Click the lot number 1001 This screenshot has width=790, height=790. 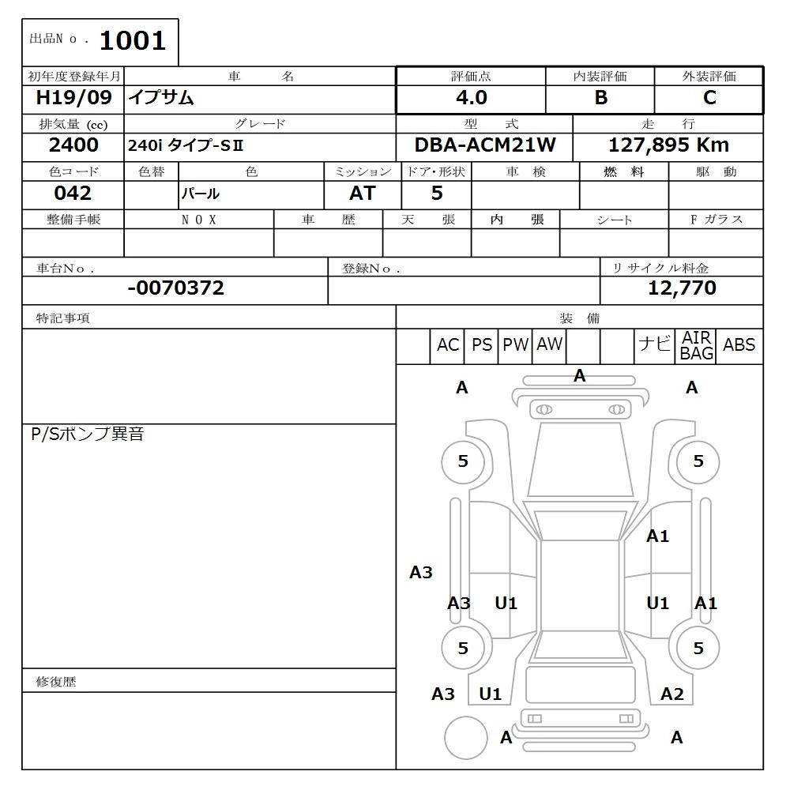(x=132, y=41)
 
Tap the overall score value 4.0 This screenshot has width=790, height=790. (x=471, y=98)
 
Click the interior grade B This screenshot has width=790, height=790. (x=600, y=98)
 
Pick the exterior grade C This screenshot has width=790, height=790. (x=709, y=98)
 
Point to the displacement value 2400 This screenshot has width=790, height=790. (x=73, y=145)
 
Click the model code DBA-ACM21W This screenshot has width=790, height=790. (x=485, y=145)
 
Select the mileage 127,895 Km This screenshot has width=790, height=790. (x=668, y=145)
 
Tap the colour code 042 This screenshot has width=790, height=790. (x=73, y=194)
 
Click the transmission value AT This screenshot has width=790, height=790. (x=362, y=194)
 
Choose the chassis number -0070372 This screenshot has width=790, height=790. (x=175, y=288)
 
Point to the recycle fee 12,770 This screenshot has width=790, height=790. (x=682, y=288)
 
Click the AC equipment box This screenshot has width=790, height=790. (x=447, y=345)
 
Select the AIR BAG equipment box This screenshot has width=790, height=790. (x=696, y=346)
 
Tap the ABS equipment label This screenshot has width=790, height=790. (x=739, y=345)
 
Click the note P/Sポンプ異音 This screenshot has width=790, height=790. (x=87, y=434)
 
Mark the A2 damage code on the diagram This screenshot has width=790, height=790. (x=671, y=694)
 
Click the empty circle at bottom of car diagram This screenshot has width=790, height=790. (x=465, y=738)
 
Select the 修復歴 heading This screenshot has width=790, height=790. (x=56, y=682)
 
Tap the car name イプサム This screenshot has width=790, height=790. (x=161, y=98)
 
